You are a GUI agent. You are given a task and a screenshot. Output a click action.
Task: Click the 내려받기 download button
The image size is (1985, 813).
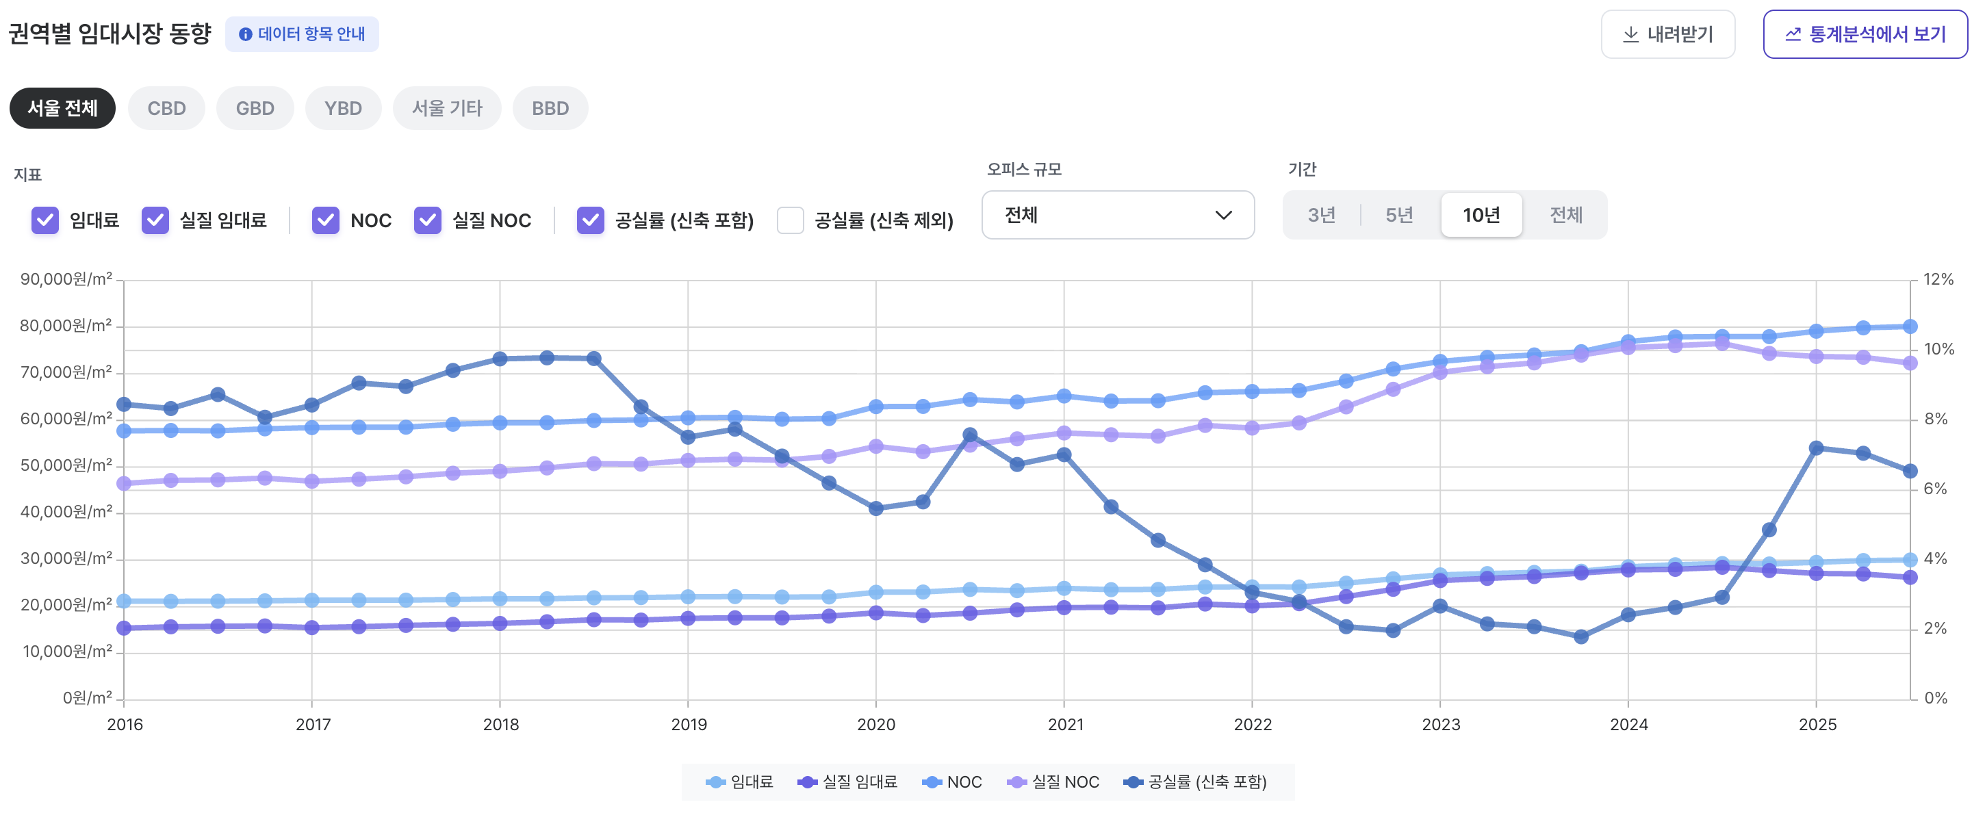point(1667,35)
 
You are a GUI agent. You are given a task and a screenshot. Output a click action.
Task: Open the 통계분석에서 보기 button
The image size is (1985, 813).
point(1865,35)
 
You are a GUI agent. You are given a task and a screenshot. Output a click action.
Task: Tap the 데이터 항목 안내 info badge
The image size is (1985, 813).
point(302,35)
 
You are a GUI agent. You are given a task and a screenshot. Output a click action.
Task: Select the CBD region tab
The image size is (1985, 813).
point(166,109)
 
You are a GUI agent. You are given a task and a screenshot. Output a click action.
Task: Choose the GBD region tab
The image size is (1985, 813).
point(255,109)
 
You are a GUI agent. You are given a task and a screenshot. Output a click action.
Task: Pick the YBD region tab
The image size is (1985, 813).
point(343,109)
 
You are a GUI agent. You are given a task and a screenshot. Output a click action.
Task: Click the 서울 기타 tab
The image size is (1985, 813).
point(447,109)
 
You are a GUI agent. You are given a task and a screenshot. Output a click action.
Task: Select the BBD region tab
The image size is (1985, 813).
point(550,109)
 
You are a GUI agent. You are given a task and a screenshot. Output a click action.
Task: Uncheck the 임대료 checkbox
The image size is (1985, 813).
point(45,220)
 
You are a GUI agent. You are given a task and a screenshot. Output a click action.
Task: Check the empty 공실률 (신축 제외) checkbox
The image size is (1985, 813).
point(791,220)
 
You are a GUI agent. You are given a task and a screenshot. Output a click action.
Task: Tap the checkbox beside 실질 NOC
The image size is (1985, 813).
point(428,220)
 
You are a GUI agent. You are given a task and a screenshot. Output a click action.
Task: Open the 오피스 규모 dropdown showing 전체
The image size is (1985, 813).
point(1117,215)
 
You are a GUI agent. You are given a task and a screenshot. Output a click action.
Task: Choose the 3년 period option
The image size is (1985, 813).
point(1322,215)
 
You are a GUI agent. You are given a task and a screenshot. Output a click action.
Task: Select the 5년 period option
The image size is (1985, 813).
point(1399,215)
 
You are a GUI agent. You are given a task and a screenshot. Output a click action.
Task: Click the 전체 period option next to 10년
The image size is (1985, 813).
point(1566,215)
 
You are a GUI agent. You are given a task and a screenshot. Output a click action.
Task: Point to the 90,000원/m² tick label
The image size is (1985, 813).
point(66,279)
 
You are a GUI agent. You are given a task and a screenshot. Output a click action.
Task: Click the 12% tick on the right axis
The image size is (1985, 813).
point(1938,279)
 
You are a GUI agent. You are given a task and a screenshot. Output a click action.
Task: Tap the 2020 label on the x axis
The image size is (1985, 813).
point(876,725)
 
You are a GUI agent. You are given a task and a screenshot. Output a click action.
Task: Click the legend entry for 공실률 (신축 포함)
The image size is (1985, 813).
point(1195,782)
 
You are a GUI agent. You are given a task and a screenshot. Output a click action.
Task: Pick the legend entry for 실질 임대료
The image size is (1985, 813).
point(847,782)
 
